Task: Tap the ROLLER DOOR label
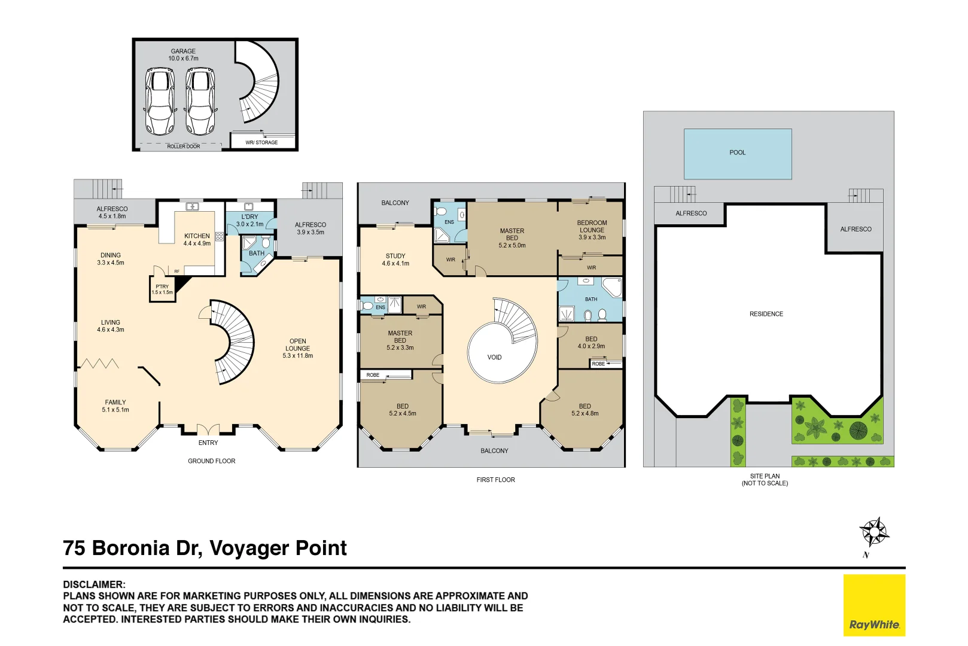click(x=184, y=147)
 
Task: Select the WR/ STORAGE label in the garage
click(x=261, y=142)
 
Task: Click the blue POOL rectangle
click(x=737, y=154)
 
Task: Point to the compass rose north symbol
click(x=873, y=532)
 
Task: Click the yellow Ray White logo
click(x=874, y=605)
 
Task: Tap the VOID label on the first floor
click(x=494, y=358)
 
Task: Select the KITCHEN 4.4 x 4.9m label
click(x=197, y=239)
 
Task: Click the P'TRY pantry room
click(x=162, y=290)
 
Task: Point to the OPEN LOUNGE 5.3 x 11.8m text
click(x=297, y=348)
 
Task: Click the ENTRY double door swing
click(x=208, y=429)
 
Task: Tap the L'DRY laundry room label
click(x=249, y=220)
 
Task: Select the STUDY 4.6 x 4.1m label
click(x=395, y=260)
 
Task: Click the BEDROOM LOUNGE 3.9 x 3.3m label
click(x=592, y=230)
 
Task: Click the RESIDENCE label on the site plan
click(x=766, y=314)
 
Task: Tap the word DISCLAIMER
click(x=94, y=584)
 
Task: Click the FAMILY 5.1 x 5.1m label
click(x=115, y=406)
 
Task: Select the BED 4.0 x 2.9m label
click(x=591, y=342)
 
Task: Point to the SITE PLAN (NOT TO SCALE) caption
click(x=765, y=480)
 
